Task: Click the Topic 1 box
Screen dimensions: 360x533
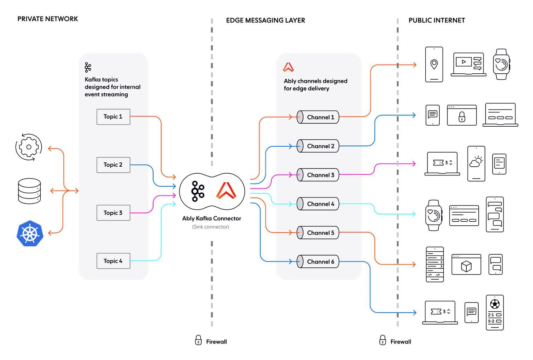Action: pyautogui.click(x=113, y=117)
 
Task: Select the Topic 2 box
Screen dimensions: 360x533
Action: pyautogui.click(x=113, y=165)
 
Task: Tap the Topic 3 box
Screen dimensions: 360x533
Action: pyautogui.click(x=113, y=213)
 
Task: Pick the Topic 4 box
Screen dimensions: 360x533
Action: pyautogui.click(x=113, y=261)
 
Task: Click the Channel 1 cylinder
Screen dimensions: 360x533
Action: pyautogui.click(x=318, y=117)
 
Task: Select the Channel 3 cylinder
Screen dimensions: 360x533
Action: pyautogui.click(x=318, y=175)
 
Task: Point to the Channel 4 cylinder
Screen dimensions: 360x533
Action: pyautogui.click(x=318, y=204)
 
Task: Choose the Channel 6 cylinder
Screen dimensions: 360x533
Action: pyautogui.click(x=318, y=262)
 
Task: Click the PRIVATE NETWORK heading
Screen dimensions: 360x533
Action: pyautogui.click(x=48, y=19)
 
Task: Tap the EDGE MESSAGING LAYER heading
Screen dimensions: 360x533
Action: pyautogui.click(x=265, y=20)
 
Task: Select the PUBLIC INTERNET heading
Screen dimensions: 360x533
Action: pyautogui.click(x=437, y=20)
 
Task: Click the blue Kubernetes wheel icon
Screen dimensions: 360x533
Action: pyautogui.click(x=30, y=233)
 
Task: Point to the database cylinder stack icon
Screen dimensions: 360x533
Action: pyautogui.click(x=29, y=191)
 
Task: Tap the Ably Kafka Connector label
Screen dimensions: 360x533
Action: pyautogui.click(x=211, y=219)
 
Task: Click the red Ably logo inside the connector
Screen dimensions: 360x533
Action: pyautogui.click(x=227, y=191)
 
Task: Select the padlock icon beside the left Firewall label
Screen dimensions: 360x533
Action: pyautogui.click(x=198, y=340)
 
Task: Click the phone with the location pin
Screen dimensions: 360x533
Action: pyautogui.click(x=434, y=65)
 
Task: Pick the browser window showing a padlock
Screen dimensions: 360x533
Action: pyautogui.click(x=461, y=115)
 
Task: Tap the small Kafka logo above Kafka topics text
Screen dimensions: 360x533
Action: pyautogui.click(x=88, y=67)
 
